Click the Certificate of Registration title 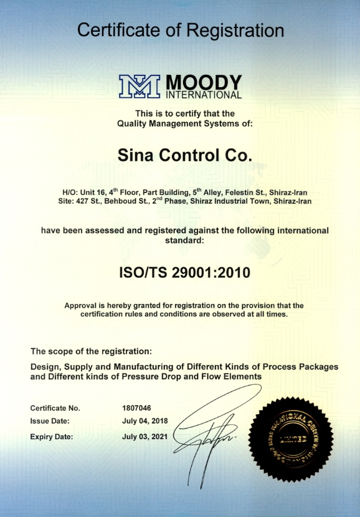click(x=180, y=29)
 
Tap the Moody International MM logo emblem click(x=140, y=87)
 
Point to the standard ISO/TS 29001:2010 click(x=180, y=272)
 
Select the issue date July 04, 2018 click(x=146, y=422)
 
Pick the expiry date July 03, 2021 click(x=146, y=437)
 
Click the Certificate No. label click(x=55, y=408)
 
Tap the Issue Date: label click(x=50, y=422)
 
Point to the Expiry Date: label click(x=52, y=437)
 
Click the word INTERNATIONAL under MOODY click(x=203, y=96)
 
